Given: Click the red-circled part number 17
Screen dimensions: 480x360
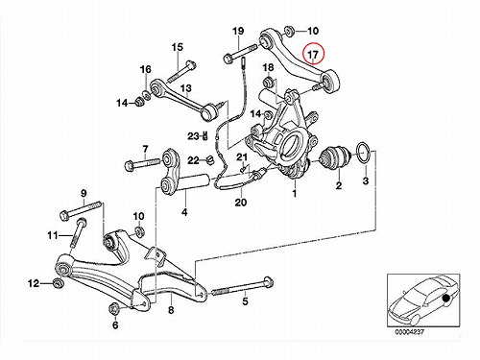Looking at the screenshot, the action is pyautogui.click(x=313, y=55).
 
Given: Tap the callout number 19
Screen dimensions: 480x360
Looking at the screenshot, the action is pyautogui.click(x=238, y=31).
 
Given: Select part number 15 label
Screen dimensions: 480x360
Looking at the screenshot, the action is pyautogui.click(x=178, y=47).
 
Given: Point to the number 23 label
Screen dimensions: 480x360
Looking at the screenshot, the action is pyautogui.click(x=193, y=136).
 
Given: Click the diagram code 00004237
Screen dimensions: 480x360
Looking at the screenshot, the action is pyautogui.click(x=409, y=332).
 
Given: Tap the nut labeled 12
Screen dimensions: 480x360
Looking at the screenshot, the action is pyautogui.click(x=58, y=283).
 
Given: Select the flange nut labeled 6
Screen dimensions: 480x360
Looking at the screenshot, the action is pyautogui.click(x=115, y=308).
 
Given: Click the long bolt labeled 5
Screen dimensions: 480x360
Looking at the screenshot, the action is pyautogui.click(x=241, y=287).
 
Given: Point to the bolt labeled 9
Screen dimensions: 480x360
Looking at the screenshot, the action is pyautogui.click(x=81, y=209).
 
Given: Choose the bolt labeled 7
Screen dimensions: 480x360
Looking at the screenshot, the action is pyautogui.click(x=143, y=163).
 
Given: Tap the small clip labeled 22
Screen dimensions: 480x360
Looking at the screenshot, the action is pyautogui.click(x=209, y=159).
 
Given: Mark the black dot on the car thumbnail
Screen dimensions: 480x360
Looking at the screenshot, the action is pyautogui.click(x=445, y=299).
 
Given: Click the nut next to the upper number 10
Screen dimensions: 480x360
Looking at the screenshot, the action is pyautogui.click(x=289, y=32).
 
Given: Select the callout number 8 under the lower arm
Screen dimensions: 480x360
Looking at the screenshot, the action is pyautogui.click(x=171, y=310).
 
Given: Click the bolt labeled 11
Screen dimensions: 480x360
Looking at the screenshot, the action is pyautogui.click(x=77, y=232).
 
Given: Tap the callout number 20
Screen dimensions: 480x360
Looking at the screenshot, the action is pyautogui.click(x=241, y=202).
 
